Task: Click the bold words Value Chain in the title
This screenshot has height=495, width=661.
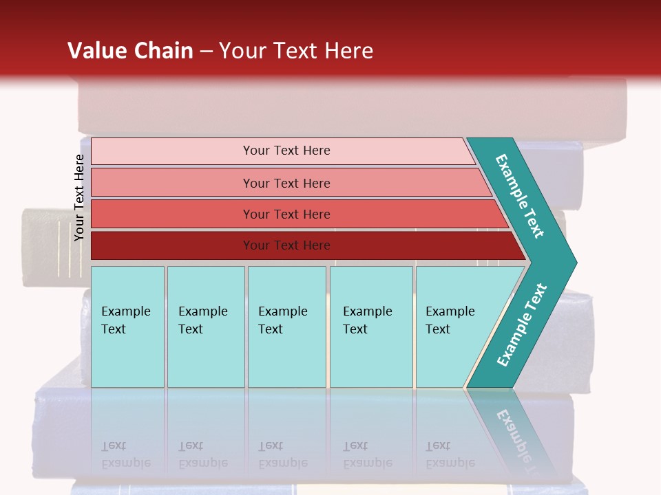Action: tap(130, 50)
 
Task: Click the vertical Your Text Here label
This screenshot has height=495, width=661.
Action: tap(79, 197)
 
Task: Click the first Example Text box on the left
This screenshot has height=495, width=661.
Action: tap(127, 327)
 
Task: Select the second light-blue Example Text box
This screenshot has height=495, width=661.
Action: tap(205, 327)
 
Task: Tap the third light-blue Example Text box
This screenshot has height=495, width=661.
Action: tap(286, 327)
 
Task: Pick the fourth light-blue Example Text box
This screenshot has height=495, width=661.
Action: tap(371, 327)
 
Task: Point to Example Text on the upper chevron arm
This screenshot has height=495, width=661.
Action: tap(520, 196)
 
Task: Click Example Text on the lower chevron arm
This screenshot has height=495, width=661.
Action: tap(521, 325)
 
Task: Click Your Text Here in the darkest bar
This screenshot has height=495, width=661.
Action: tap(286, 245)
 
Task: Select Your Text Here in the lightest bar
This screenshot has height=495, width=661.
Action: tap(286, 151)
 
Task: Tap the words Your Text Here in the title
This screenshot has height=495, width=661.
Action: tap(296, 50)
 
